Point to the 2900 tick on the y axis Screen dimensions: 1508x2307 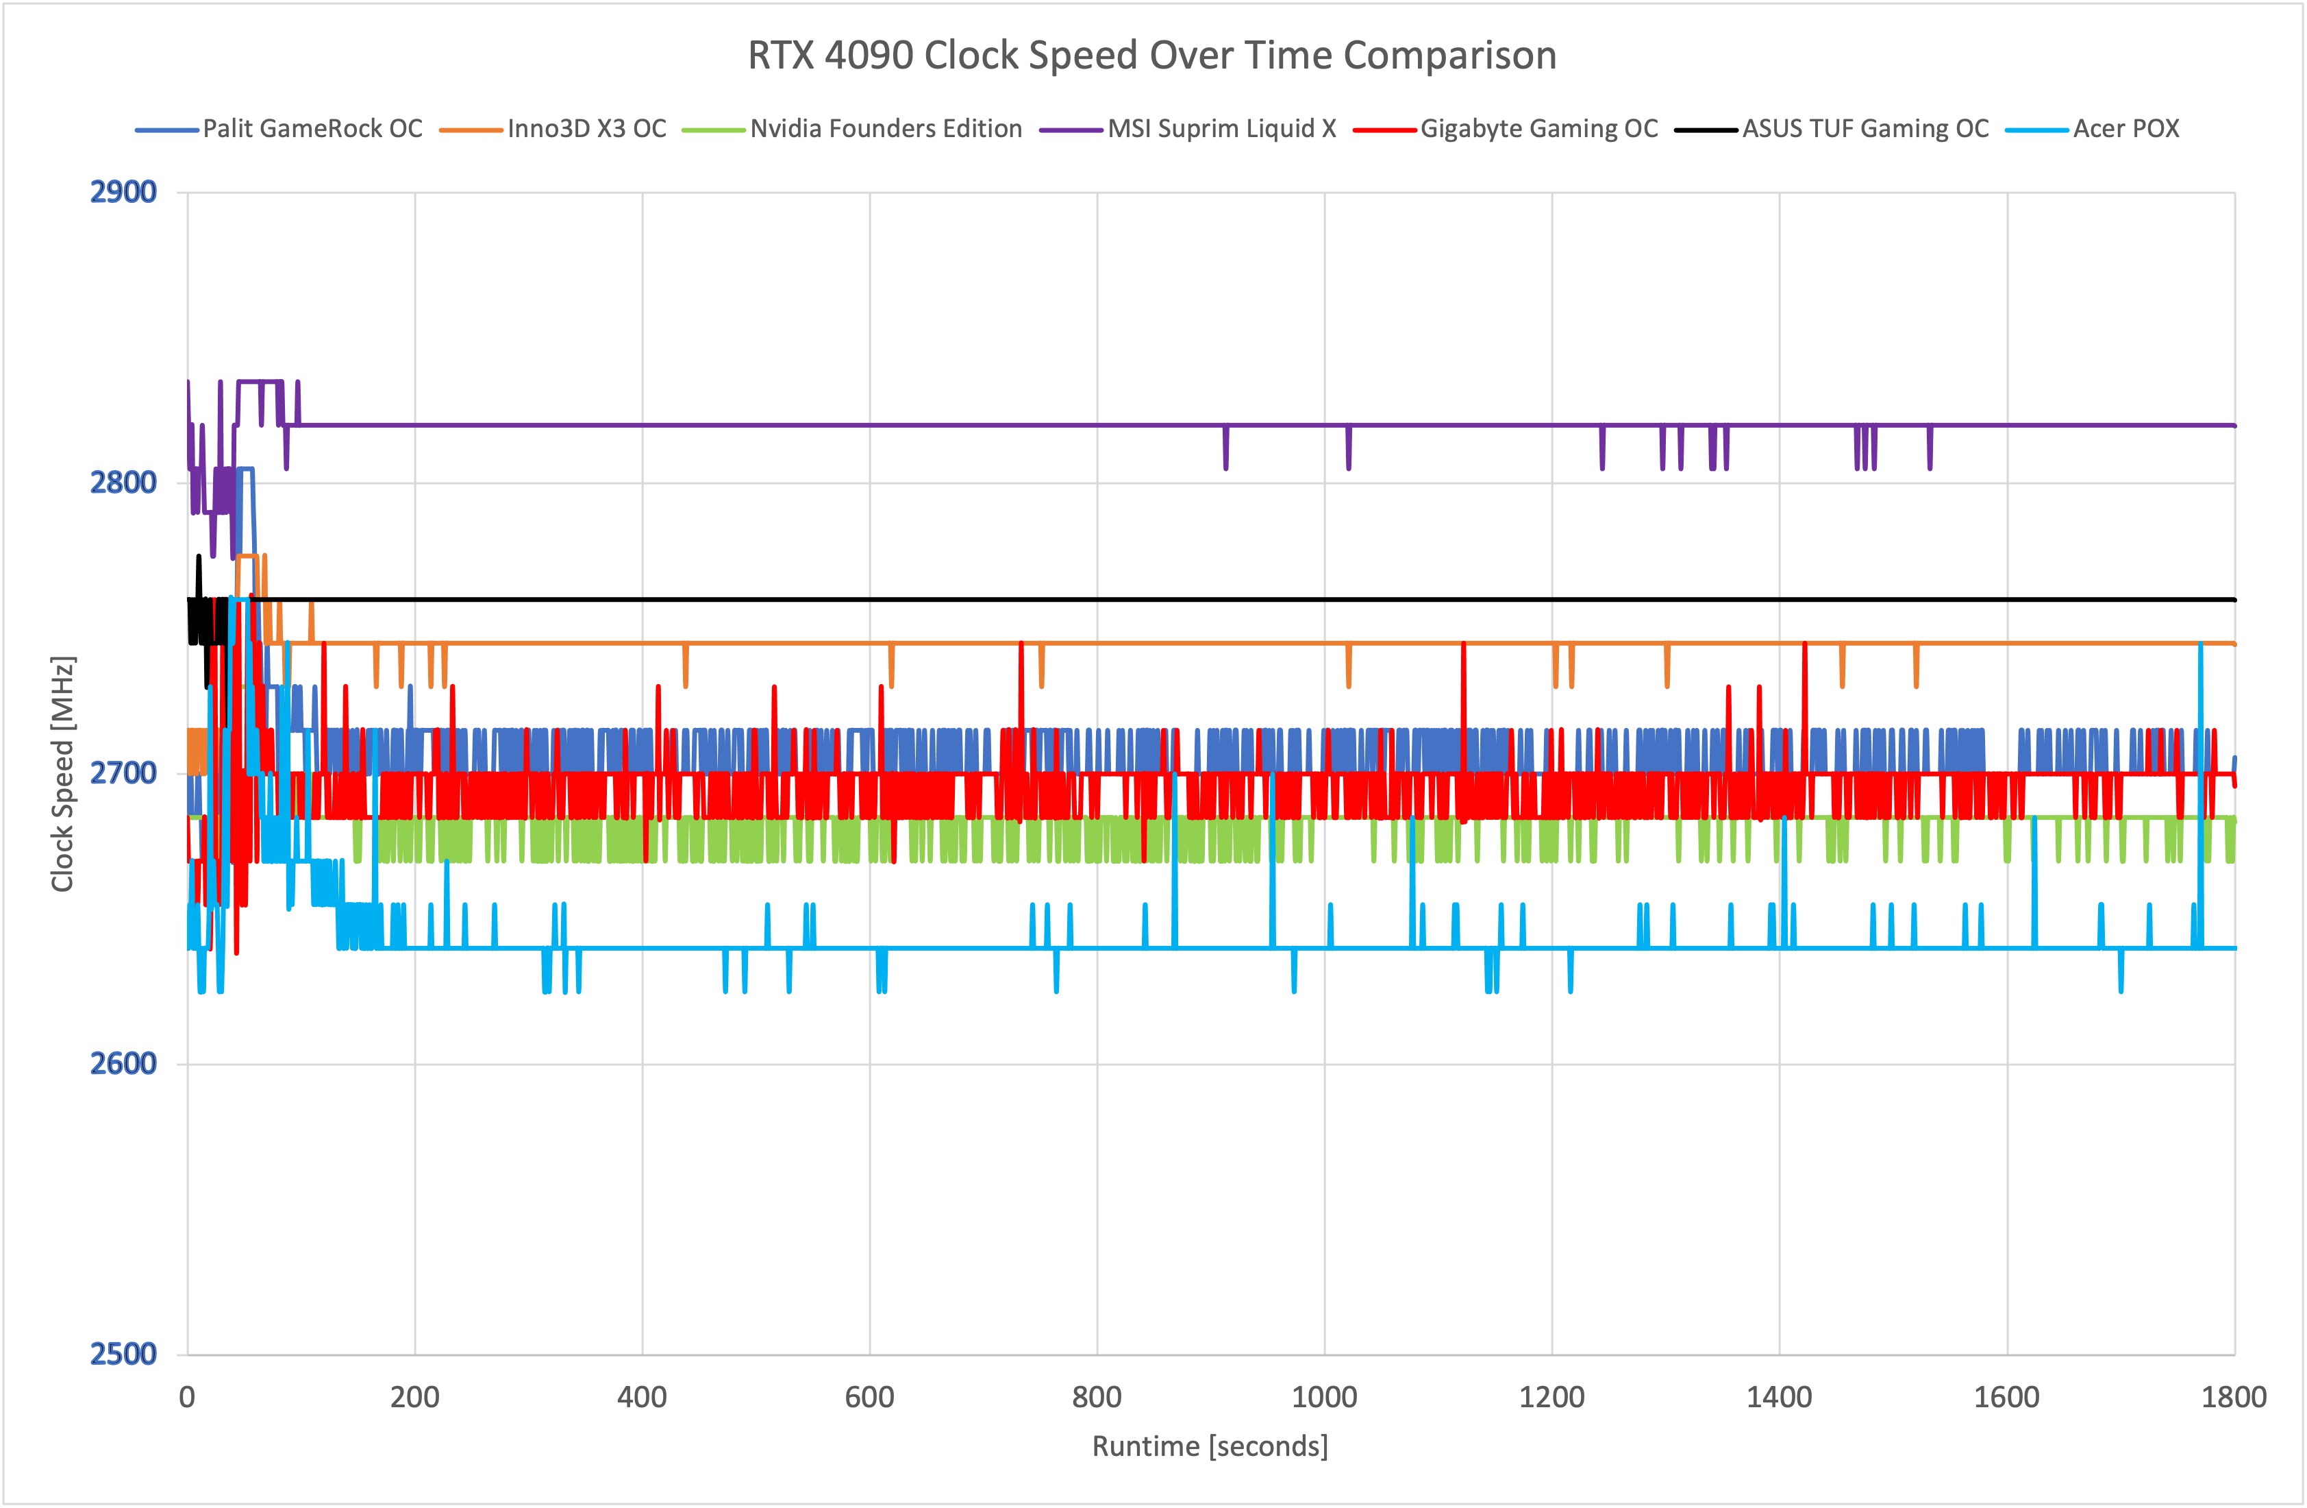coord(123,192)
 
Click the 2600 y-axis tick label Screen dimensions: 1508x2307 coord(123,1064)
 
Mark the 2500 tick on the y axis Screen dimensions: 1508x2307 coord(123,1354)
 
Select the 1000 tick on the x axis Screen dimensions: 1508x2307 coord(1324,1398)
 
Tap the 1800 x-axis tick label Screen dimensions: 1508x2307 coord(2233,1398)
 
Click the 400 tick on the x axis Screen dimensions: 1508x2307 coord(642,1398)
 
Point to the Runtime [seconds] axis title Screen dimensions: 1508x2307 coord(1210,1446)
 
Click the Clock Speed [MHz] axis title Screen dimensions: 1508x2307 coord(63,773)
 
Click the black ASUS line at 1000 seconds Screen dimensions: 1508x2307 coord(1324,599)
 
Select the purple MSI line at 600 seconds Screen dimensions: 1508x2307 coord(869,425)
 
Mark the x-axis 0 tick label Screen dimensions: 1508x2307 coord(187,1398)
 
